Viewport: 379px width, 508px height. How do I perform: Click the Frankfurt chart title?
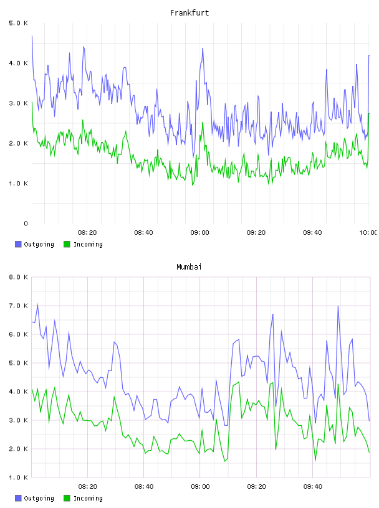[189, 13]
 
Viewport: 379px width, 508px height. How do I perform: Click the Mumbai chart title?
[189, 267]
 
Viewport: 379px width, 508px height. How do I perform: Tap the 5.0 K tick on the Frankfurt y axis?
[19, 23]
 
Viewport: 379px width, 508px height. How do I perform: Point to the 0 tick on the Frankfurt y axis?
[26, 223]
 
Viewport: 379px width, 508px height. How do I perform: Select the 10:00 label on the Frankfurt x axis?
[368, 233]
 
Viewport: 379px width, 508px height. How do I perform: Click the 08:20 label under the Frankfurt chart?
[87, 233]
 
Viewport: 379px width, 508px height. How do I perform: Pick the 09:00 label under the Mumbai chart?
[200, 487]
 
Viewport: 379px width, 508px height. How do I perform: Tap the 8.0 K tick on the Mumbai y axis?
[19, 277]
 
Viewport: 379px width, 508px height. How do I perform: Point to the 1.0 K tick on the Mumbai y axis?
[19, 477]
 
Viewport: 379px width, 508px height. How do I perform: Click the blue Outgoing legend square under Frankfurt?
[18, 244]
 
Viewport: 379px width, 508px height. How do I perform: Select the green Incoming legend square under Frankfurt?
[67, 244]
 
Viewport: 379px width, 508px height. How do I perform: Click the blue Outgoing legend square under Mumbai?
[18, 498]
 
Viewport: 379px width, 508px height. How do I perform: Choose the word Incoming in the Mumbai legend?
[88, 498]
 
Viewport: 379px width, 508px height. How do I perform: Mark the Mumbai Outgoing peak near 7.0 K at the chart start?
[37, 304]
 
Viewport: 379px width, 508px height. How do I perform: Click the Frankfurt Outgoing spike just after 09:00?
[203, 49]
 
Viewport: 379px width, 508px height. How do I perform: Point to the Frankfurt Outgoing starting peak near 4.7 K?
[32, 36]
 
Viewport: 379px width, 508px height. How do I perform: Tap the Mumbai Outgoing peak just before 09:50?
[338, 306]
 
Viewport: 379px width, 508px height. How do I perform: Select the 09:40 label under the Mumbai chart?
[312, 487]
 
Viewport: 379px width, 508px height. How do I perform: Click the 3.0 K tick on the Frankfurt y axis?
[19, 103]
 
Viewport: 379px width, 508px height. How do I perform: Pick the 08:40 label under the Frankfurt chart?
[143, 233]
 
